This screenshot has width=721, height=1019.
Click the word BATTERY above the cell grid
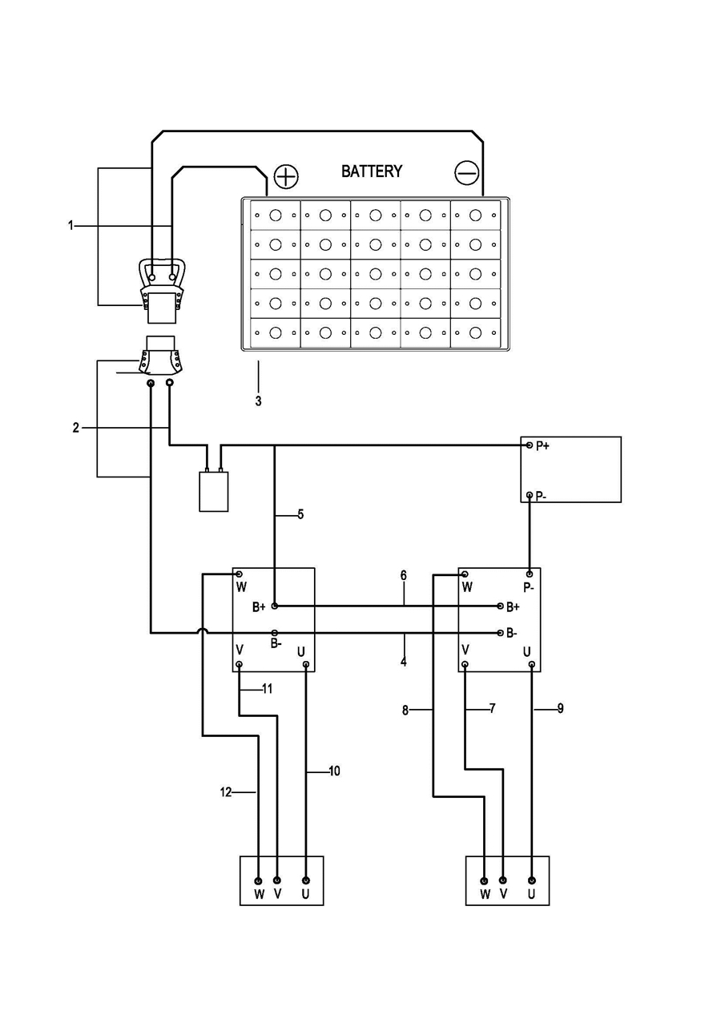(372, 171)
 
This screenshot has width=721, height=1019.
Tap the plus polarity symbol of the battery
(286, 176)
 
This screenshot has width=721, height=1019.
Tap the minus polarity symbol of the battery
(467, 173)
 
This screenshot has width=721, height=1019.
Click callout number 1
(70, 226)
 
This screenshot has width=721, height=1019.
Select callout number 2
(75, 428)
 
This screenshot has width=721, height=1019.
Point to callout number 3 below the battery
(259, 401)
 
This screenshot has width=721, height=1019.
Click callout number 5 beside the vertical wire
(300, 514)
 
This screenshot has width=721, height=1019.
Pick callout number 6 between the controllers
(404, 575)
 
